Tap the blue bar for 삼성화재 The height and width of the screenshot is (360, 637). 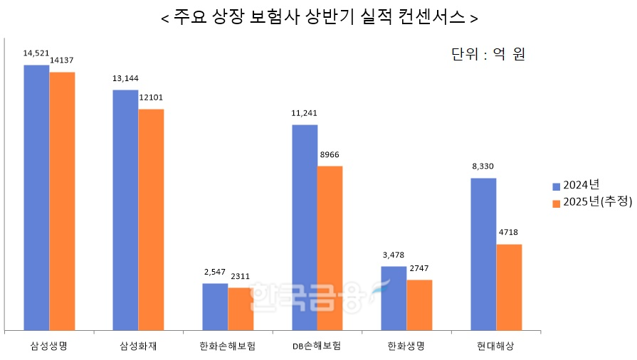tap(125, 209)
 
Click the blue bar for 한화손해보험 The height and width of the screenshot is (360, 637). tap(215, 306)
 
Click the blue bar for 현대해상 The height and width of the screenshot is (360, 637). tap(483, 253)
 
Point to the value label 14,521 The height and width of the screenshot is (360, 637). tap(36, 53)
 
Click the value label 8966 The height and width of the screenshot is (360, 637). tap(330, 154)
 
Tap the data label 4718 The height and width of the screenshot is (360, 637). tap(509, 233)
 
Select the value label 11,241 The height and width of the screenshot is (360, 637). tap(305, 112)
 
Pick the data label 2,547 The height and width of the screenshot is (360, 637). tap(215, 272)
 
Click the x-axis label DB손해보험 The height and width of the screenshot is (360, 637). tap(317, 346)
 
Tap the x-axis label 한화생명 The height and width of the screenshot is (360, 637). tap(406, 346)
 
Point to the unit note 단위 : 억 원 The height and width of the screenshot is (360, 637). tap(488, 55)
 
